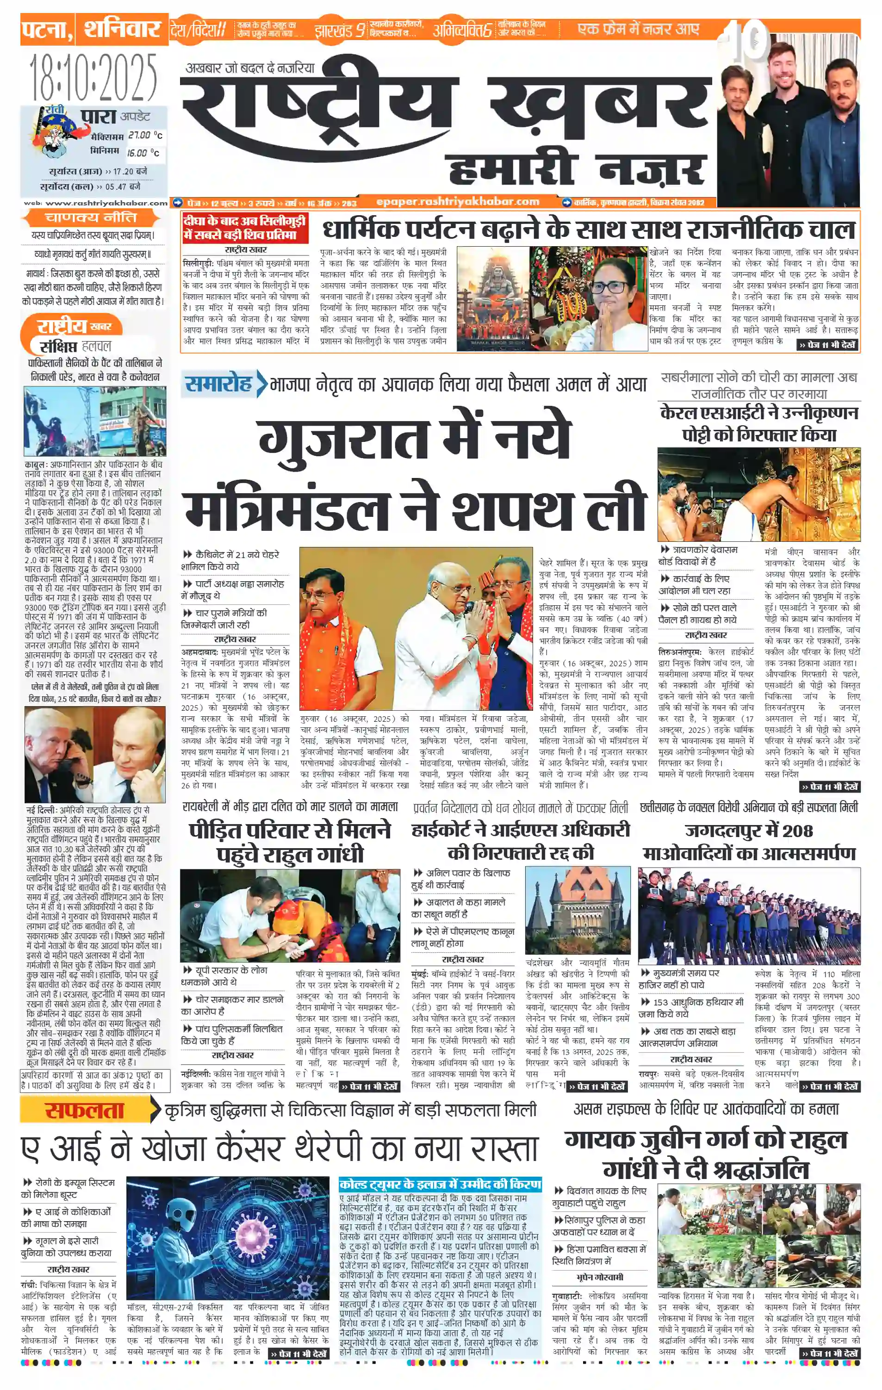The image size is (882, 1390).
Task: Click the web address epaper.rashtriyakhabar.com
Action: click(x=457, y=201)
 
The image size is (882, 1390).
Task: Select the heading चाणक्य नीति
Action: click(x=91, y=217)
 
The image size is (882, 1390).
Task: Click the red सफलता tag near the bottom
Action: click(x=84, y=1110)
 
